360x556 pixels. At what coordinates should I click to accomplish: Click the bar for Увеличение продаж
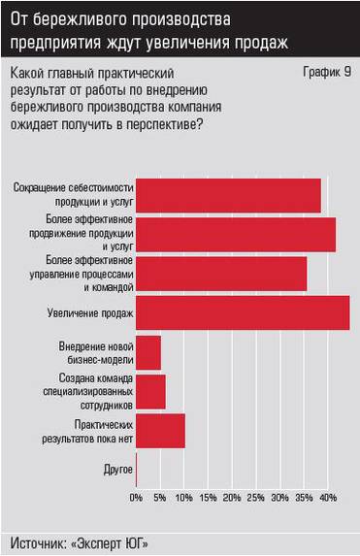coord(243,312)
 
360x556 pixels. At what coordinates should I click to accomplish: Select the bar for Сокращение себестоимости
coord(228,195)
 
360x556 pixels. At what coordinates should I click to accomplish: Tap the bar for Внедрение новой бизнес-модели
coord(148,351)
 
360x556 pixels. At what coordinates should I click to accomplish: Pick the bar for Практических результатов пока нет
coord(160,430)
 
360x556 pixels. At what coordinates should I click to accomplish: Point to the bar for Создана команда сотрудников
coord(150,391)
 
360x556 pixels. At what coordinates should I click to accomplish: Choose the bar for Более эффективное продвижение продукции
coord(236,234)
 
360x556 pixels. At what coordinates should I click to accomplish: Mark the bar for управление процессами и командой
coord(221,274)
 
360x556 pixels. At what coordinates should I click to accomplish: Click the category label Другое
coord(117,471)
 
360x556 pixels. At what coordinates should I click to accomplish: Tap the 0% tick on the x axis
coord(137,498)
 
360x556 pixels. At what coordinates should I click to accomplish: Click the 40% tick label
coord(328,498)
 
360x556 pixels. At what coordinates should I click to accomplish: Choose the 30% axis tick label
coord(279,498)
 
